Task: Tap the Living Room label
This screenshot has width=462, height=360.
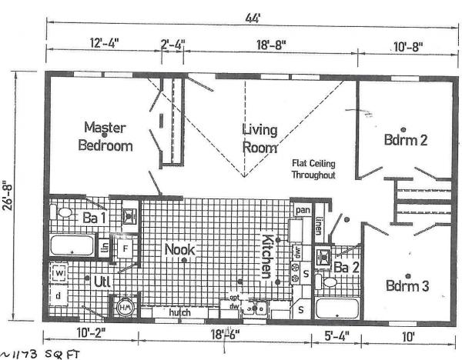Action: tap(259, 138)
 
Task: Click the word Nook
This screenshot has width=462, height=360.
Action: tap(179, 249)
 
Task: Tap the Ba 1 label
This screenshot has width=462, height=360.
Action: tap(95, 218)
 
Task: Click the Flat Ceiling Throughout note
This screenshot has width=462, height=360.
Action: tap(313, 169)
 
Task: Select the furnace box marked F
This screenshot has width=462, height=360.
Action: tap(124, 248)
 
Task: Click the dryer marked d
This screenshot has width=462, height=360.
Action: tap(59, 295)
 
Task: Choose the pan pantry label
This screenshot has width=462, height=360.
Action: tap(302, 208)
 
